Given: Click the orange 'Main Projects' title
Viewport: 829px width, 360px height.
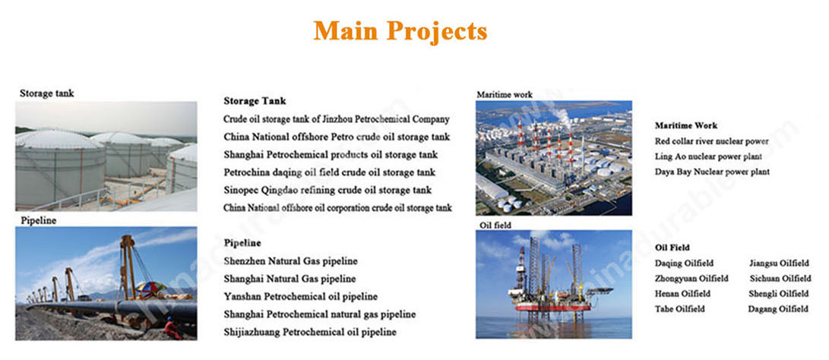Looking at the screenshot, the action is coord(400,30).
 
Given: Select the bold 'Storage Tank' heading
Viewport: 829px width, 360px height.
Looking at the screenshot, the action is coord(255,101).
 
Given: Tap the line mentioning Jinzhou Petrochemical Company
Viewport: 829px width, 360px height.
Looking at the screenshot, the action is coord(337,119).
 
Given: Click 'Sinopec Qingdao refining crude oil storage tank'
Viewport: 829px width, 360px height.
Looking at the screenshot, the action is coord(327,191).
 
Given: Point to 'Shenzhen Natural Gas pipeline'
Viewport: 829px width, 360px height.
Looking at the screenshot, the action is coord(290,261).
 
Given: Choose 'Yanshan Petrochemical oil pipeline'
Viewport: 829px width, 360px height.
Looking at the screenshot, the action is coord(300,296).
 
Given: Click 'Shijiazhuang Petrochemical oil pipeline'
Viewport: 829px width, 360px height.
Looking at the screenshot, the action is coord(310,333).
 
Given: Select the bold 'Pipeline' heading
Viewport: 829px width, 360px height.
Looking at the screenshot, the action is coord(242,243).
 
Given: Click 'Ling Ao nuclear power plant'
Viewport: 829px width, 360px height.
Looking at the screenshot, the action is coord(708,157).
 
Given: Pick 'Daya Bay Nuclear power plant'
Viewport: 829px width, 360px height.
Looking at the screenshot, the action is coord(712,172).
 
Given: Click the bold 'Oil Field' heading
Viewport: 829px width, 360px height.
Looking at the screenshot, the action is coord(672,248).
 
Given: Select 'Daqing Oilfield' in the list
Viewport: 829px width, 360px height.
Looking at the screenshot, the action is coord(684,264).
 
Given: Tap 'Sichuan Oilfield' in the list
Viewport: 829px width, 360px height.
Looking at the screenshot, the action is coord(780,279).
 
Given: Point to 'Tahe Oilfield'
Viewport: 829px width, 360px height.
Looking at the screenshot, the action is coord(680,309).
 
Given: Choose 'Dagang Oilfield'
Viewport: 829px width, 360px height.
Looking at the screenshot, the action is coord(778,309).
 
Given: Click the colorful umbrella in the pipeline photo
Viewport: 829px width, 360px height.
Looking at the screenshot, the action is coord(151,288).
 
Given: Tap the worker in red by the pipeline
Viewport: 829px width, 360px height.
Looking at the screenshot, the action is coord(172,328).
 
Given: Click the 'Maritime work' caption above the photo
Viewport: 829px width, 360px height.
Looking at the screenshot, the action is coord(505,95).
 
